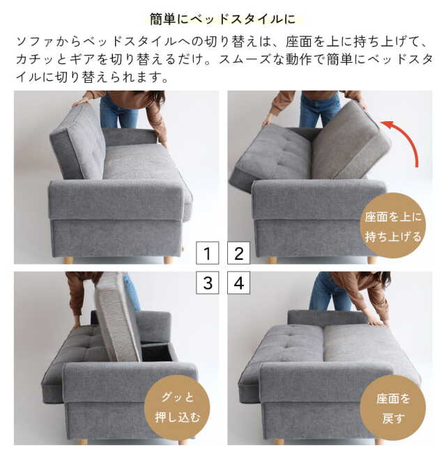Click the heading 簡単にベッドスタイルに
[222, 18]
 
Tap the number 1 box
[207, 252]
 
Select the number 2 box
[238, 252]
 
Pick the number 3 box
[207, 283]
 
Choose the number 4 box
[238, 283]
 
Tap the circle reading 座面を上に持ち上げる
[393, 226]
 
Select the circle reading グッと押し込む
[176, 407]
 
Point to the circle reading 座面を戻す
[393, 407]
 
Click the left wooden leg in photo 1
[68, 260]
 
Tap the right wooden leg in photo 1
[168, 260]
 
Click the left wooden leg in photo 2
[272, 260]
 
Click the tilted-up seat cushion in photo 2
[348, 143]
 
